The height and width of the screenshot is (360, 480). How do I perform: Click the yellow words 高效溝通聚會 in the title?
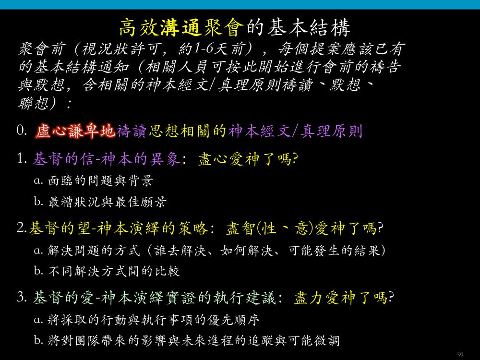tap(181, 27)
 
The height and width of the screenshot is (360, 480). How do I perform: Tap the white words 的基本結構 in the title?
tap(298, 27)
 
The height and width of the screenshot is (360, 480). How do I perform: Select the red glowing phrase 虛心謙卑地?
tap(75, 132)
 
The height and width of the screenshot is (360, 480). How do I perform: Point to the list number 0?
tap(22, 131)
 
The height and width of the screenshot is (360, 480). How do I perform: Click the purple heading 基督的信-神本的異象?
tap(106, 159)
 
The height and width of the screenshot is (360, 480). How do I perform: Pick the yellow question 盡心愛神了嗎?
tap(248, 159)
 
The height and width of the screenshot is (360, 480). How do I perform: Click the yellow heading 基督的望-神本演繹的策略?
tap(118, 228)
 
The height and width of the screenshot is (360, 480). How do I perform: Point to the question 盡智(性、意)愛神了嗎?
tap(305, 228)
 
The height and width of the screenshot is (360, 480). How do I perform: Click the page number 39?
tap(460, 355)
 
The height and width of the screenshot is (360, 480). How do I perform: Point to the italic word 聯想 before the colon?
tap(33, 103)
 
